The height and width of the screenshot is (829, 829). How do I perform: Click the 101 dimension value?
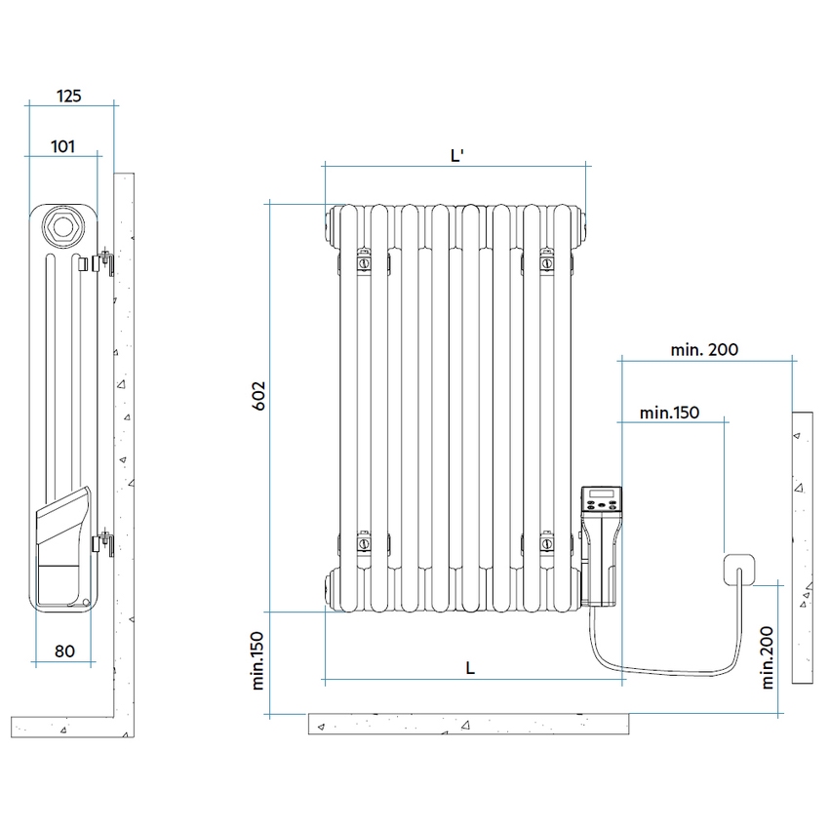pos(63,146)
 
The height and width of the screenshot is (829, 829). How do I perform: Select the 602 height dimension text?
pos(258,396)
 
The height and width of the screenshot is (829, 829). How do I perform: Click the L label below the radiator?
pos(470,667)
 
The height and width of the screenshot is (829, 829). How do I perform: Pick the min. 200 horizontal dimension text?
pos(704,349)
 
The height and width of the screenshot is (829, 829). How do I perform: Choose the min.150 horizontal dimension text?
pos(670,413)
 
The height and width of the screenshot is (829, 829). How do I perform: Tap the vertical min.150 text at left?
pos(258,662)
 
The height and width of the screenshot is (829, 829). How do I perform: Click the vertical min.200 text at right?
pos(770,656)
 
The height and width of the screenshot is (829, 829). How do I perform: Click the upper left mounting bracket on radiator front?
pos(363,261)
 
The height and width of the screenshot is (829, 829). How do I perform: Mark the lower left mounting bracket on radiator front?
pos(363,539)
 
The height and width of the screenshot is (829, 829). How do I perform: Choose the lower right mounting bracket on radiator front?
pos(547,539)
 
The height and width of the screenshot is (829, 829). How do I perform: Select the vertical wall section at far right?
pos(802,546)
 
